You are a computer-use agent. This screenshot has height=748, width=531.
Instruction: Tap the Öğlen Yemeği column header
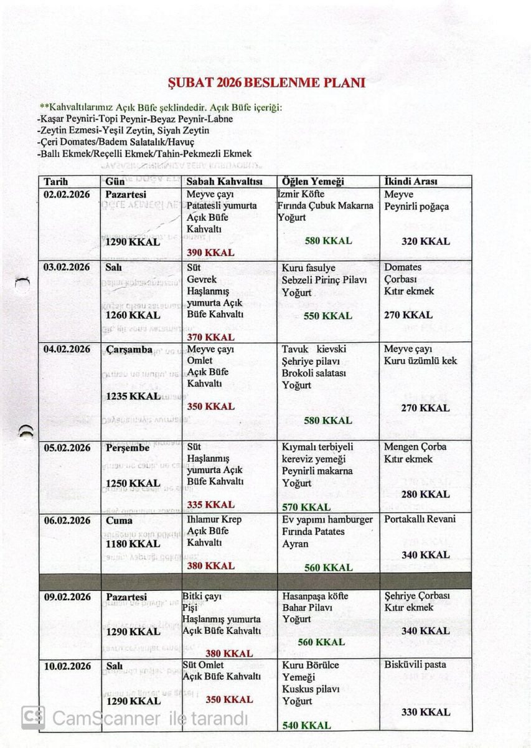(313, 181)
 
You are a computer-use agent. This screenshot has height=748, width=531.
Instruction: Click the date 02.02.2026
(67, 194)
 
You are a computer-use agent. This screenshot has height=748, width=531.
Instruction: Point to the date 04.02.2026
(67, 349)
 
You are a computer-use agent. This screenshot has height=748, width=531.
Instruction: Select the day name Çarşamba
(129, 349)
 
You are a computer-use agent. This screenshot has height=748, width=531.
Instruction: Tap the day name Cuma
(119, 520)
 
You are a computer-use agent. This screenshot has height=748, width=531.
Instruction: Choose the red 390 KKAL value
(210, 252)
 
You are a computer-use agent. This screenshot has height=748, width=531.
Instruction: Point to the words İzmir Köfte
(301, 194)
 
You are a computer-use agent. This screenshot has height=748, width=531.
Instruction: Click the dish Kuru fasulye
(309, 268)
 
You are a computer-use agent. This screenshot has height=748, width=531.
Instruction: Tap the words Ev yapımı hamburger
(327, 519)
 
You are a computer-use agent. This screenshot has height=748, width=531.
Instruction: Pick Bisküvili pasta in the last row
(415, 664)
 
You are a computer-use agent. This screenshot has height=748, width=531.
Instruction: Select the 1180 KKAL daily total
(133, 544)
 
